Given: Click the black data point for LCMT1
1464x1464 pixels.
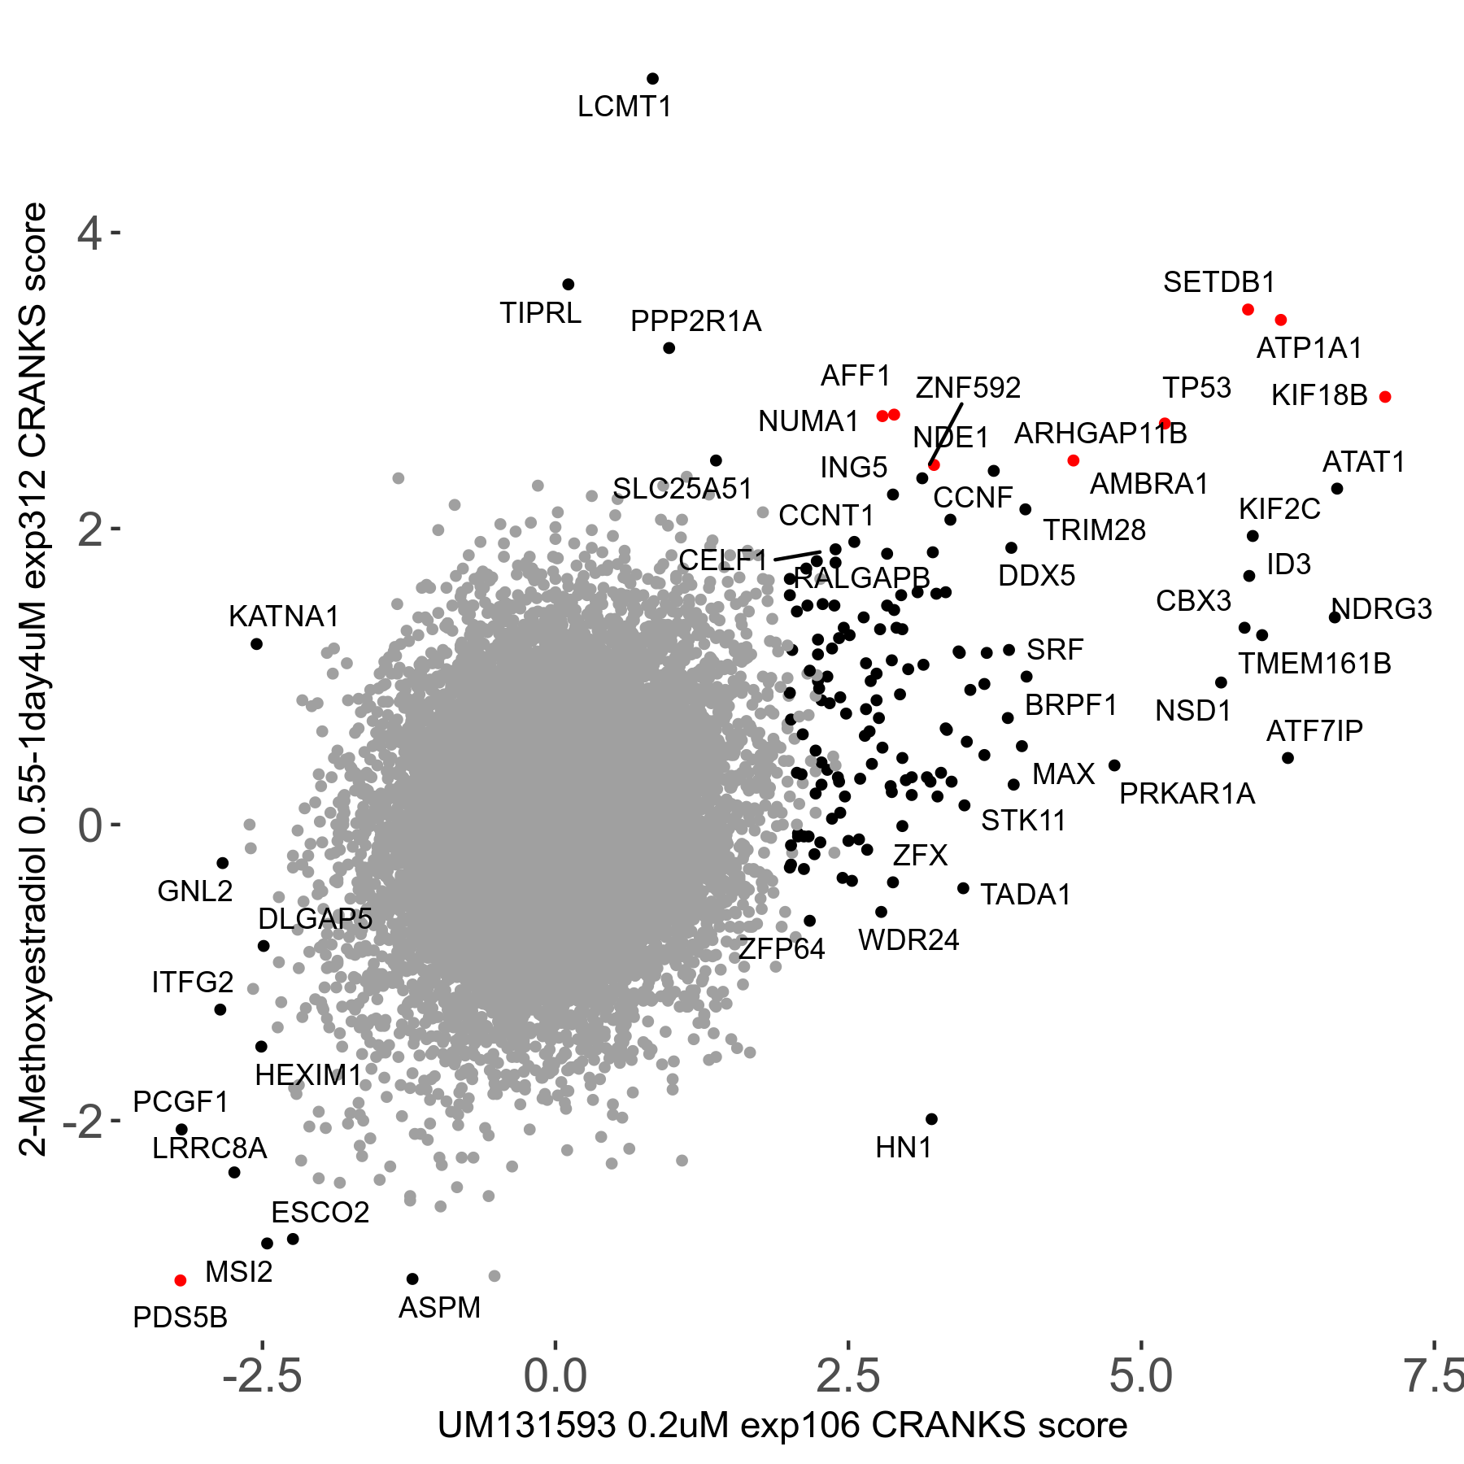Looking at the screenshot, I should click(x=652, y=79).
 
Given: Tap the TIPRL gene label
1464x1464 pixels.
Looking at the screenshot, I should click(x=540, y=313).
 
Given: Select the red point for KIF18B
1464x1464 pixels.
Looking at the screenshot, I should click(x=1385, y=397).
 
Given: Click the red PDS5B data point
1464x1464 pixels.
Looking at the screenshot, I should click(x=181, y=1280).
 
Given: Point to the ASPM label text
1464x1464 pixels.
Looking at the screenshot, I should click(x=439, y=1308).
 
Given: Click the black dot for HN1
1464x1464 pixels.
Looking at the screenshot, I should click(x=932, y=1119).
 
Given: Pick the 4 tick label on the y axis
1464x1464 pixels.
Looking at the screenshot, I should click(x=89, y=234).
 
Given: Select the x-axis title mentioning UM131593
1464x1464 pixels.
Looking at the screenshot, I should click(x=782, y=1426).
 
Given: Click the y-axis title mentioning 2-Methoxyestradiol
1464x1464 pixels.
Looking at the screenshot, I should click(x=34, y=679).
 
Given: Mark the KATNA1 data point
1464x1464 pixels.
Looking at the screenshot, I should click(x=256, y=644).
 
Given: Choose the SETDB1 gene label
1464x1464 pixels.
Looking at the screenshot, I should click(x=1218, y=282).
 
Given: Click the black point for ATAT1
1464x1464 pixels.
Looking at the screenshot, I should click(x=1337, y=489).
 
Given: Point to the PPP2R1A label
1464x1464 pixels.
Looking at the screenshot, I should click(x=695, y=322).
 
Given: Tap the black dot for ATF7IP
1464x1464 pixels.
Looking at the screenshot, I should click(x=1288, y=758).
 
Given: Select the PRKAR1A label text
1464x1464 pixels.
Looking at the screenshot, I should click(x=1187, y=794).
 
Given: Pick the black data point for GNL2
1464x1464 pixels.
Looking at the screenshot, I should click(x=223, y=863).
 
